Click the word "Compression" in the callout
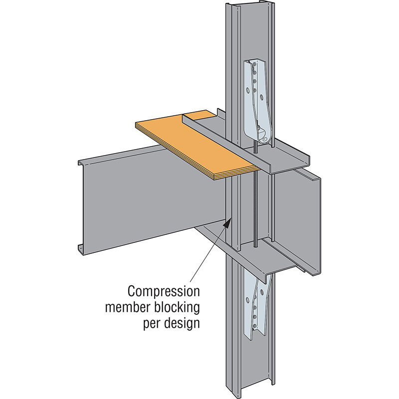coord(164,290)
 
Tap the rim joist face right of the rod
coord(299,214)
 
